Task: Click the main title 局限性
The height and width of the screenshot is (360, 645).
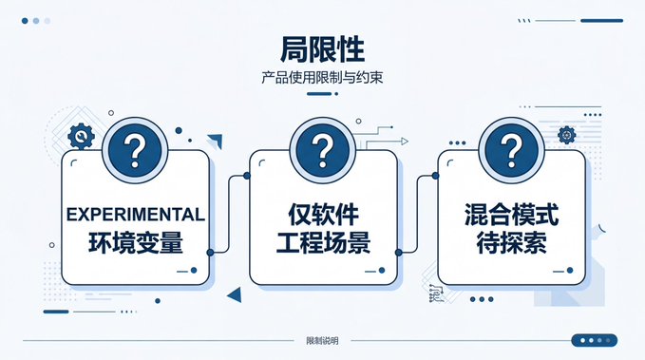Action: (x=323, y=49)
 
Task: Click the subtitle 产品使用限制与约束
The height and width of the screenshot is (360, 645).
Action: (x=322, y=77)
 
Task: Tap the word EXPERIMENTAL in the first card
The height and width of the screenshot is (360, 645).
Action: (x=135, y=215)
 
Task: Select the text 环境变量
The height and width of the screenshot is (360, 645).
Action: (x=135, y=242)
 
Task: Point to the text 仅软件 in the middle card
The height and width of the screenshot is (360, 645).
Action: (x=323, y=215)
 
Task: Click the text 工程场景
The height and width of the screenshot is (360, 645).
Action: (x=323, y=242)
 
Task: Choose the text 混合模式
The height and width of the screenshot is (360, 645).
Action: (x=511, y=215)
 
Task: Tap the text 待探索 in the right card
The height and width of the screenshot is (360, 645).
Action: (x=511, y=242)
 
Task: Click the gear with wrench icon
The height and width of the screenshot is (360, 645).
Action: (x=82, y=136)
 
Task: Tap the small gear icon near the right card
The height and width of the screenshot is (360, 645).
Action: (x=566, y=135)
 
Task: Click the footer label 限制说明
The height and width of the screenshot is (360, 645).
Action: (x=322, y=341)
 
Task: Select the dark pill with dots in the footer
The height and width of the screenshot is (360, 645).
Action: (x=595, y=340)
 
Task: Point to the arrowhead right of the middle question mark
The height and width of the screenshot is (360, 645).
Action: (x=405, y=142)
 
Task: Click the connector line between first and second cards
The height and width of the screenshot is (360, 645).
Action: (x=228, y=214)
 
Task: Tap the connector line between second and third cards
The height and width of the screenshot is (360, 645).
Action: (x=417, y=214)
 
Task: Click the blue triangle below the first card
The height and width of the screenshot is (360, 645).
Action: (x=235, y=294)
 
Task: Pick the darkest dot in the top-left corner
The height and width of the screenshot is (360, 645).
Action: (x=25, y=21)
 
